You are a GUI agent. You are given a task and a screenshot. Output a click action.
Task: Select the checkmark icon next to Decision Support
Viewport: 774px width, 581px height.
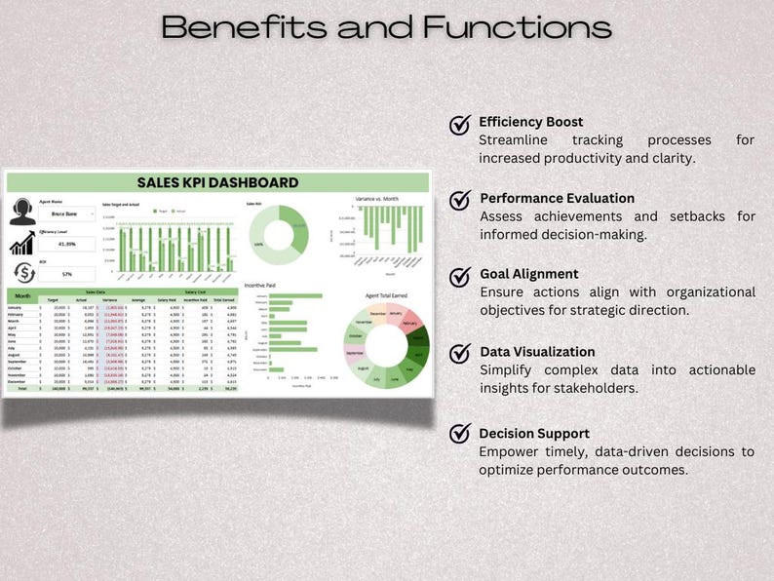pos(460,435)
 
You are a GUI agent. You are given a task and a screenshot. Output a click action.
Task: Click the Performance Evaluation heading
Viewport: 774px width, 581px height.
pos(557,198)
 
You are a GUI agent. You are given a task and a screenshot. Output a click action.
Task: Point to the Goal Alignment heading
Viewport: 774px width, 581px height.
pos(528,274)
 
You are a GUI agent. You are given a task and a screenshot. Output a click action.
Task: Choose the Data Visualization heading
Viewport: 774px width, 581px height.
pos(537,352)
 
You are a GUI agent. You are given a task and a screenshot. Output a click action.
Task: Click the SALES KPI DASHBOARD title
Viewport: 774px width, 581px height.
pos(217,182)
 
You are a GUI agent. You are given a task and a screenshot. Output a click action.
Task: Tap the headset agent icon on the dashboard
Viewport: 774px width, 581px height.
pos(22,212)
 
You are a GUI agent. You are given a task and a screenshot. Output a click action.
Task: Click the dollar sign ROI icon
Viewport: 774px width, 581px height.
pos(22,274)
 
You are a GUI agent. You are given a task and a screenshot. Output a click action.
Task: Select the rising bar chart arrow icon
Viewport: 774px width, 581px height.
pos(22,244)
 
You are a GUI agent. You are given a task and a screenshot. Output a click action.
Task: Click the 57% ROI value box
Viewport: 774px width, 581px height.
pos(67,275)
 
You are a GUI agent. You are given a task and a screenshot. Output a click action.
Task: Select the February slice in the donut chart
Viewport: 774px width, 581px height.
pos(410,323)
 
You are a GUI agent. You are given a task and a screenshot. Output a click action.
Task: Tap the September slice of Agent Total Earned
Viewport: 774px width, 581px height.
pos(354,353)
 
